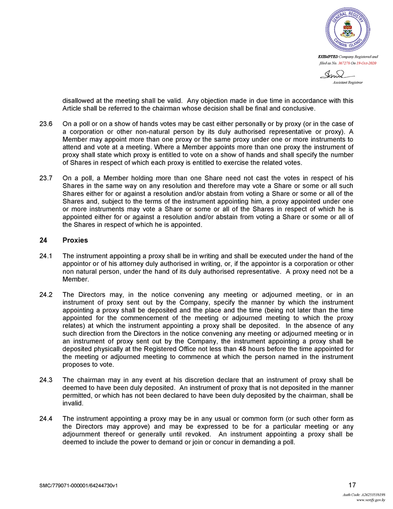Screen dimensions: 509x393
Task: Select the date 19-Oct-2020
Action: point(366,63)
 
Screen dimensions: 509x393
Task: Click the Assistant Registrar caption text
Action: point(348,82)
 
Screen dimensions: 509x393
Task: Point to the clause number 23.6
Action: point(45,124)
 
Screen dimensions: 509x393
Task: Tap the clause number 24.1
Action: point(45,256)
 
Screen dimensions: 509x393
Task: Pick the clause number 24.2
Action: point(45,295)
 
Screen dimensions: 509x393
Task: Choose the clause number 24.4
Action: point(45,419)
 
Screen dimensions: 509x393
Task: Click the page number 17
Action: point(352,485)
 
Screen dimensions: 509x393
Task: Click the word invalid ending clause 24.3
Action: point(72,403)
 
